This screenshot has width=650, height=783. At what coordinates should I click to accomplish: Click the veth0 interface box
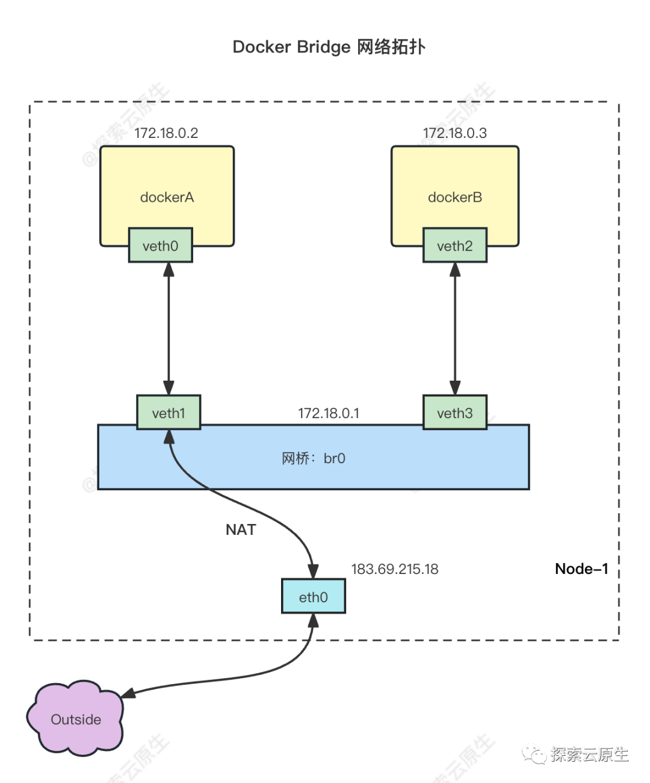click(x=160, y=246)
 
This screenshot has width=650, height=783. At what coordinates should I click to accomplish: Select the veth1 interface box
click(x=169, y=413)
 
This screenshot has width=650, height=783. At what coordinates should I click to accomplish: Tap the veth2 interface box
click(x=454, y=246)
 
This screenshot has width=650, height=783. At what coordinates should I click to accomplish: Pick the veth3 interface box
click(x=454, y=413)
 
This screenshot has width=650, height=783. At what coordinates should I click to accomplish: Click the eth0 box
click(x=313, y=597)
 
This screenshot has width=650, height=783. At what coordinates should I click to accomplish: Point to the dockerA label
click(x=167, y=198)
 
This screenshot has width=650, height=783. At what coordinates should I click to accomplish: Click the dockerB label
click(x=454, y=198)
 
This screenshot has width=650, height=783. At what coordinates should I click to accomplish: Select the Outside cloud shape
click(x=75, y=719)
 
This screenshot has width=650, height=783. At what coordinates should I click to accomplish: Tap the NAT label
click(x=241, y=530)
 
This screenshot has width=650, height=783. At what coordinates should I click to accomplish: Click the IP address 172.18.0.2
click(x=167, y=133)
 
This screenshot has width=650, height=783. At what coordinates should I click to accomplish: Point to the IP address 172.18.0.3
click(x=455, y=133)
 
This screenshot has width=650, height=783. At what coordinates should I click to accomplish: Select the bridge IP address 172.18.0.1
click(x=329, y=414)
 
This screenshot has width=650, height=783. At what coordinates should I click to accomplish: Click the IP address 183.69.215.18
click(x=395, y=569)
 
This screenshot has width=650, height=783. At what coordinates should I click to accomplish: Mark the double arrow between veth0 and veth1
click(x=169, y=329)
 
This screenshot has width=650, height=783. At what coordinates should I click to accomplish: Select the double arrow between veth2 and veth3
click(x=454, y=329)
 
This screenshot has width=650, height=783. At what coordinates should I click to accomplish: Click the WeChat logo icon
click(x=534, y=754)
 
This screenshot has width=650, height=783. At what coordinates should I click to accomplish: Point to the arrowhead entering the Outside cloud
click(x=128, y=695)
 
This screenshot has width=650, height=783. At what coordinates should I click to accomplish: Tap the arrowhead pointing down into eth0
click(x=313, y=570)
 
